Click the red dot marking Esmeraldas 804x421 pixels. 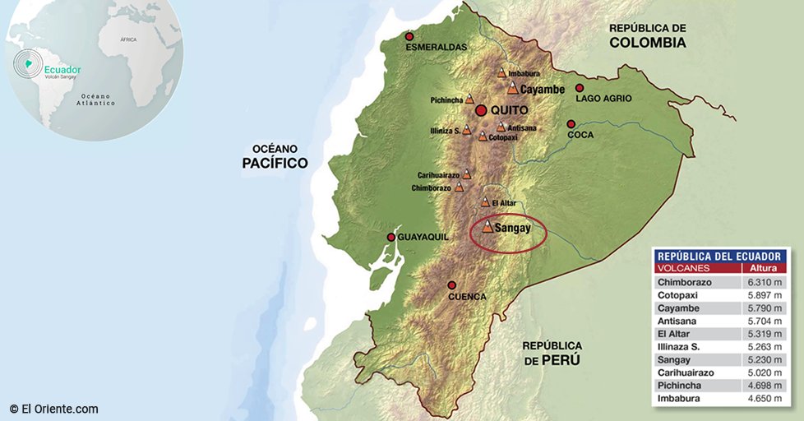coord(409,37)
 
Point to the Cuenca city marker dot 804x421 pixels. coord(451,285)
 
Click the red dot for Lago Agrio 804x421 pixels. coord(580,88)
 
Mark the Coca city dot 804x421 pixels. coord(571,124)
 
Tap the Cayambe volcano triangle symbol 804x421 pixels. coord(512,88)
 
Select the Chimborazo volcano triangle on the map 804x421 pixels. coord(459,187)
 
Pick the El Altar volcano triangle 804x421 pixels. coord(485,202)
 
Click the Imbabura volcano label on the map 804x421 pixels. coord(524,73)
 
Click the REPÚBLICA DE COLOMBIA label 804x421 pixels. coord(647,35)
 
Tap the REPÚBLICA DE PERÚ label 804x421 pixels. coord(552,353)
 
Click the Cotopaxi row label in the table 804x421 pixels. coord(677,295)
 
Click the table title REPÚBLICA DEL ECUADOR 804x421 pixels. coord(719,256)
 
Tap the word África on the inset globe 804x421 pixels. coord(128,39)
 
